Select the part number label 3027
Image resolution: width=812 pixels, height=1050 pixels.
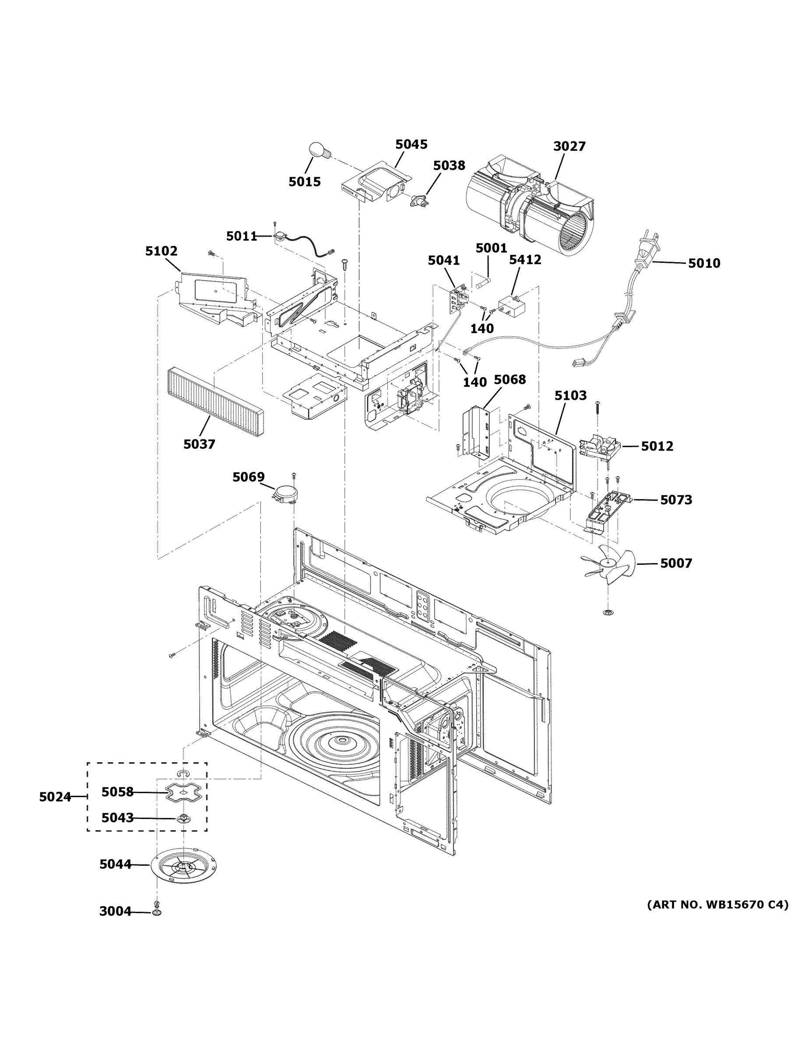pos(569,146)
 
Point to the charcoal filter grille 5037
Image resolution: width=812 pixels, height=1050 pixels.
pos(214,402)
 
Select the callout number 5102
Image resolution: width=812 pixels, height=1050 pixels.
pos(161,251)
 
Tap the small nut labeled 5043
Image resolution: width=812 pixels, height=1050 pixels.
pos(183,818)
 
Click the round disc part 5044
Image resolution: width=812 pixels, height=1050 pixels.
pos(184,865)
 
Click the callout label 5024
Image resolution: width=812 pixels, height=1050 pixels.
pos(55,797)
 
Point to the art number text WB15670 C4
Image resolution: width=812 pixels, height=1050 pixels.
pos(717,905)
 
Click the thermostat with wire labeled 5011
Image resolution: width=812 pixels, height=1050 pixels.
pos(279,237)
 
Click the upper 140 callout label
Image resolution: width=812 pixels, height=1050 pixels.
pos(482,329)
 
